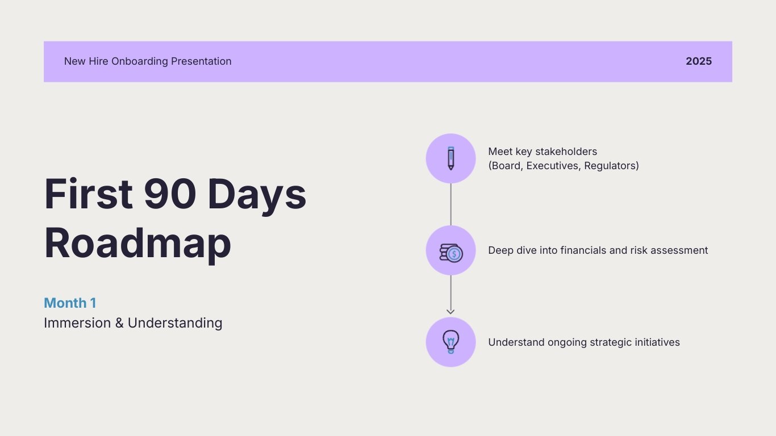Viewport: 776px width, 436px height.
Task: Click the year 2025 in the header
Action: coord(698,61)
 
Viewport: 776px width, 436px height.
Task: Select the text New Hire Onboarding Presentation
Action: coord(148,61)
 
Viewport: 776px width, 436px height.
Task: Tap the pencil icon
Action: coord(450,158)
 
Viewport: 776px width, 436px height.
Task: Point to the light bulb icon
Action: coord(450,342)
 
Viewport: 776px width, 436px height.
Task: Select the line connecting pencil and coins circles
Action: coord(450,204)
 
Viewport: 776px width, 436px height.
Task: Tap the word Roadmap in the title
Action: coord(137,244)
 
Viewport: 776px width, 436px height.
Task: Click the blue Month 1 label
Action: coord(70,303)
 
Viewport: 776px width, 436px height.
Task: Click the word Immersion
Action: coord(77,323)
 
